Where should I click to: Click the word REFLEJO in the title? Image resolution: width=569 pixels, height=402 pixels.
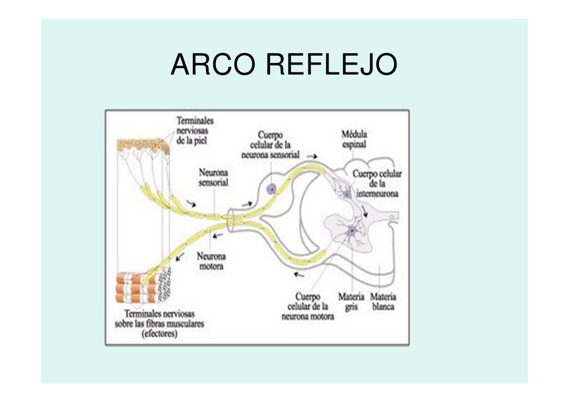pos(331,65)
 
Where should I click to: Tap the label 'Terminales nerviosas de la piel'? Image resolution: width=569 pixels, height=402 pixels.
pos(195,130)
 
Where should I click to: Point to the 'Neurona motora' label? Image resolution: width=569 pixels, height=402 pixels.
pos(211,261)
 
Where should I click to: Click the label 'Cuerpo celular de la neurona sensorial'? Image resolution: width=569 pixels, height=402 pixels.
pos(270,145)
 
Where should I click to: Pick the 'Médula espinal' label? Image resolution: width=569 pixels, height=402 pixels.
pos(354,139)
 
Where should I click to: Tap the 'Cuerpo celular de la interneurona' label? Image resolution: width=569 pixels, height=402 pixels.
pos(377,184)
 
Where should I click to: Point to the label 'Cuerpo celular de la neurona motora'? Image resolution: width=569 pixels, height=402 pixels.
pos(308,307)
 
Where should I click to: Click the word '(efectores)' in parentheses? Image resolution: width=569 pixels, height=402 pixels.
pos(159,335)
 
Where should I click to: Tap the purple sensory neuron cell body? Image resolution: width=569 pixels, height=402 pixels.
pos(271,189)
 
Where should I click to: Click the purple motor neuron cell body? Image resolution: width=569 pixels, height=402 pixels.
pos(351,231)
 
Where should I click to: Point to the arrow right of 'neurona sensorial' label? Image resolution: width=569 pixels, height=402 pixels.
pos(313,156)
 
